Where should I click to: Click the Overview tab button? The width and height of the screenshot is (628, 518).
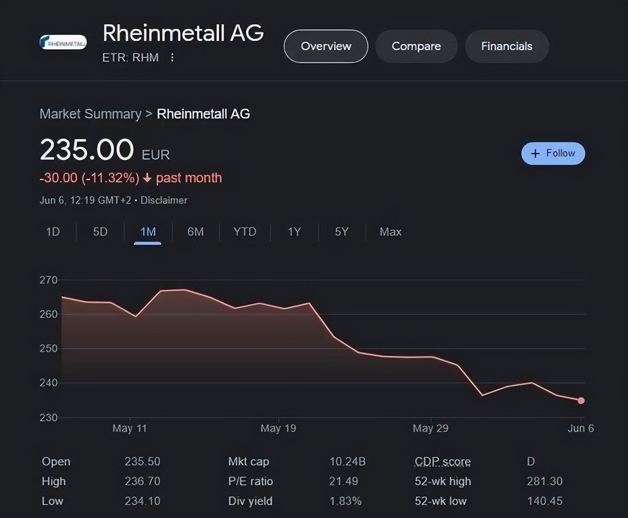point(326,46)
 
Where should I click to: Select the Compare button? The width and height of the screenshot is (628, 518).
point(416,46)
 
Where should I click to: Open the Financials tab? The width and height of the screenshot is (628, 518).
point(507,46)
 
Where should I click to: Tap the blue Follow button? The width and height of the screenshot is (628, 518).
point(553,153)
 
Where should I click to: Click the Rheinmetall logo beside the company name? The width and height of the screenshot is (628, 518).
point(63,42)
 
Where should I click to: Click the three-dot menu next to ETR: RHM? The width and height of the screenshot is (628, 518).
point(172,57)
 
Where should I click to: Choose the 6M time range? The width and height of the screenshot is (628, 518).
point(195,232)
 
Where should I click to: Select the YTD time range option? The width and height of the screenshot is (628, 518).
point(244,232)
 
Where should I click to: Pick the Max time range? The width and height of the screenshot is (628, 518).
point(390,232)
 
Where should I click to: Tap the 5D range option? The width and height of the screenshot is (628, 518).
point(100,232)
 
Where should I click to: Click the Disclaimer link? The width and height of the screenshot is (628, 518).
point(164,200)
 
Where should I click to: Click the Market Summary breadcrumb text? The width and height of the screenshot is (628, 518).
point(91,114)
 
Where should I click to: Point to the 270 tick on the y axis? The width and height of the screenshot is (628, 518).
point(48,280)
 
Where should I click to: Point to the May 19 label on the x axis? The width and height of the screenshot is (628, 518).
point(278,428)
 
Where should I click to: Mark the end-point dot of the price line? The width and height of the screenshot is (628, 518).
point(581,401)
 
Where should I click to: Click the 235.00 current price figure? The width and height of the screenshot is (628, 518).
point(87,150)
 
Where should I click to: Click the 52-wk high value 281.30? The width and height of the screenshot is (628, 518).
point(544,481)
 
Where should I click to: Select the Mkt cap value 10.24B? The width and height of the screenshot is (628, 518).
point(347,461)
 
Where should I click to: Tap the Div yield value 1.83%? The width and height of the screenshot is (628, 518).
point(345,501)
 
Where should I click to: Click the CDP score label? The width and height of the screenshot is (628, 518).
point(442,461)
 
